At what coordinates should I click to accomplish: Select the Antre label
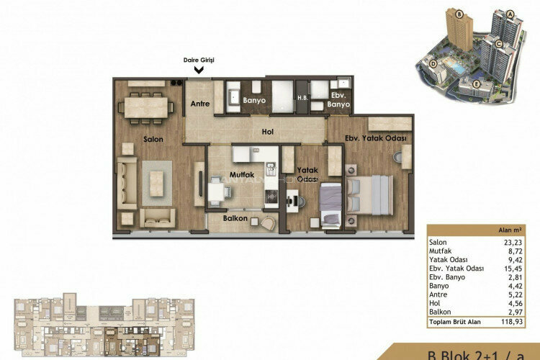click(199, 104)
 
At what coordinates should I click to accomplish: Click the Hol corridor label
click(268, 132)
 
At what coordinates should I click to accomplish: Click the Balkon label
click(235, 219)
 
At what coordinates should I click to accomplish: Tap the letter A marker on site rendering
click(510, 14)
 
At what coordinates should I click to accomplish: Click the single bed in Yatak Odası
click(330, 204)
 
